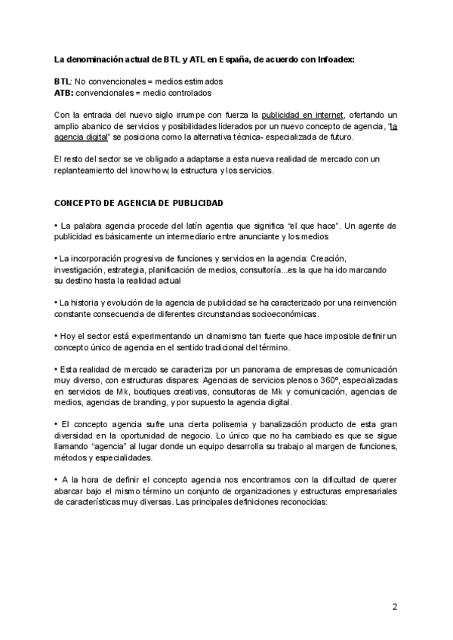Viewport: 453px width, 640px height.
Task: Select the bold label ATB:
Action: click(65, 93)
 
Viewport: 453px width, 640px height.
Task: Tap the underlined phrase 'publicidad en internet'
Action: click(302, 115)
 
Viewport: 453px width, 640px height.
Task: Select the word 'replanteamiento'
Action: click(85, 171)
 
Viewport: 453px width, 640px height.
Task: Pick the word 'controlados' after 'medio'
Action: click(188, 93)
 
